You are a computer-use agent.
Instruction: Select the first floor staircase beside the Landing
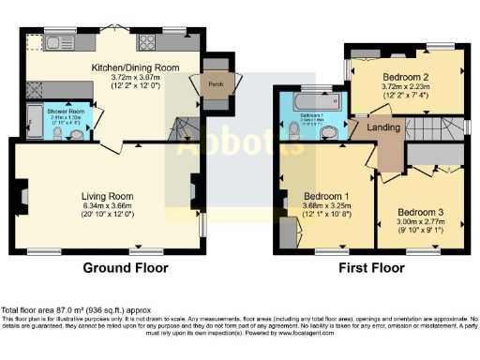[x=431, y=126]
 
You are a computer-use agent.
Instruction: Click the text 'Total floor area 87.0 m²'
[x=47, y=310]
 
